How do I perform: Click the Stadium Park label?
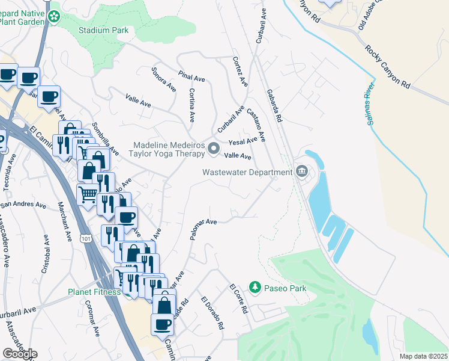103,30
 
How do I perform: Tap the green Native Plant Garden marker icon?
55,17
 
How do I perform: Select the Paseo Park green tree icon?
255,288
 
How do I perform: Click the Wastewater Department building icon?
301,172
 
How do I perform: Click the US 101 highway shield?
86,239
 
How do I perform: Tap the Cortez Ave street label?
240,72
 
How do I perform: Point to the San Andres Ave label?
23,205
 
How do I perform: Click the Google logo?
20,354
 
